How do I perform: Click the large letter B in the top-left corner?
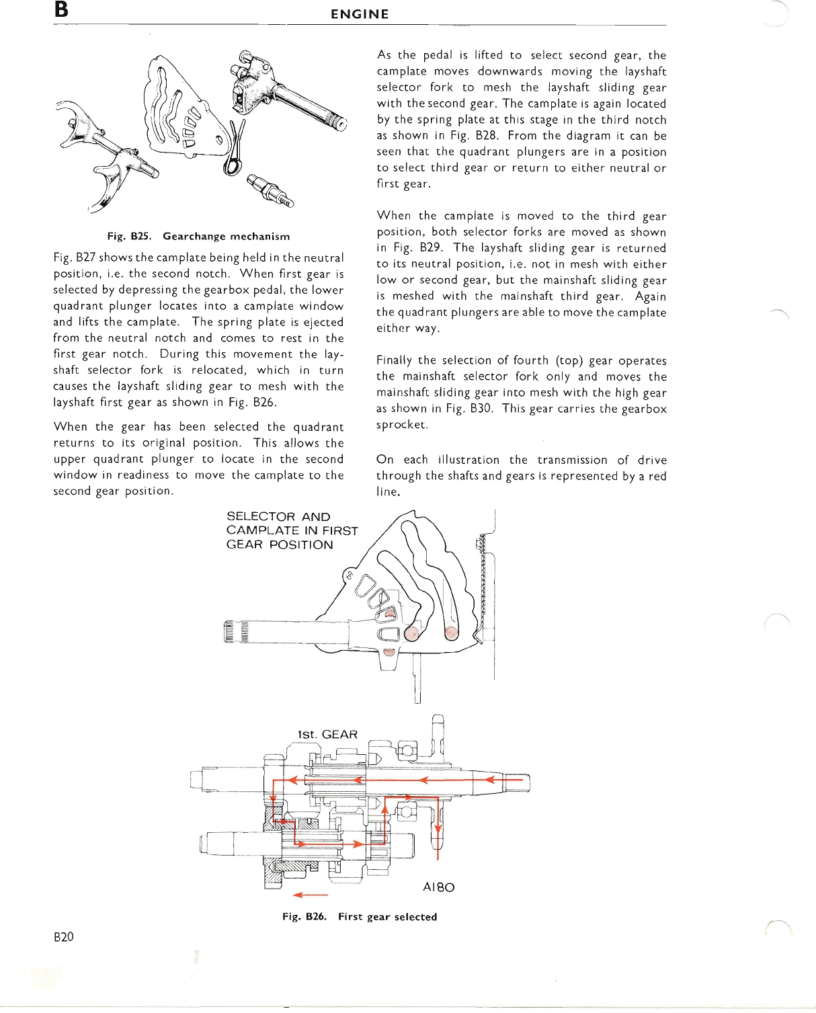coord(61,10)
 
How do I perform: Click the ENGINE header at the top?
coord(360,14)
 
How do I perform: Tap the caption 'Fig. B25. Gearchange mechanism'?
coord(198,237)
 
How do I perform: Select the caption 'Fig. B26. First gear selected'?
coord(360,917)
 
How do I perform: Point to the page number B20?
coord(64,937)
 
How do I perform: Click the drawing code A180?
coord(438,887)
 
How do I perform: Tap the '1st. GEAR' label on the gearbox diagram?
coord(327,735)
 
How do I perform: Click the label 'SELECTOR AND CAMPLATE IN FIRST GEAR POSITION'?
coord(292,530)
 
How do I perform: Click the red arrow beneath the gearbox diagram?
coord(310,895)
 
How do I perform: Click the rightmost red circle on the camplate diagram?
coord(451,633)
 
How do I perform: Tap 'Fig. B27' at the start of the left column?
coord(75,257)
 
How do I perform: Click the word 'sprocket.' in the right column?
coord(402,425)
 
